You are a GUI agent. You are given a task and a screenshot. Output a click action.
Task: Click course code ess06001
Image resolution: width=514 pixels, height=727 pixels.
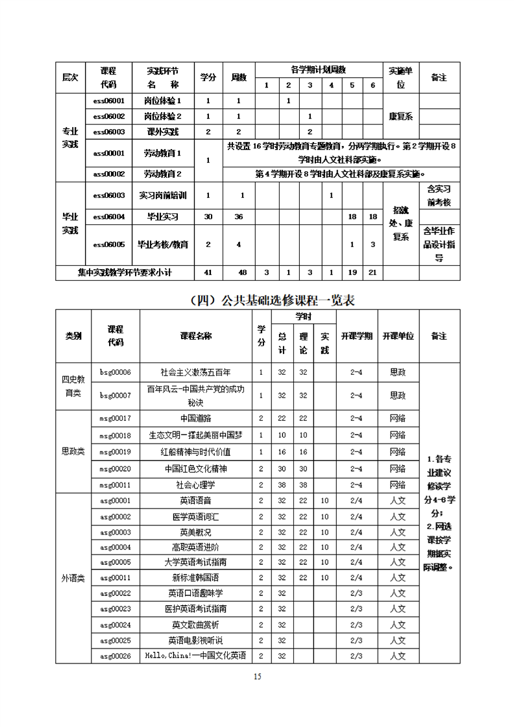pos(108,101)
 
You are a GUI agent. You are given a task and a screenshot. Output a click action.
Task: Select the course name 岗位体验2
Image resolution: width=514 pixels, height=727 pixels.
pos(162,116)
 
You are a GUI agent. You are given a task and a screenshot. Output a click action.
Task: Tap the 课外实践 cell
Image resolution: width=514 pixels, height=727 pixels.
pos(162,132)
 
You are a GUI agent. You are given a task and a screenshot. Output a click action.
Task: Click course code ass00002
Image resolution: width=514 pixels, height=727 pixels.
pos(108,174)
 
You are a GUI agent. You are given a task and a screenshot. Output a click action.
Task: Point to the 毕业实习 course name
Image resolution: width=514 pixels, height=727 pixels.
pos(162,217)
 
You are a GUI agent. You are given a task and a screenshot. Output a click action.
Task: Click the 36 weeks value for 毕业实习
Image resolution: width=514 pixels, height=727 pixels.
pos(238,217)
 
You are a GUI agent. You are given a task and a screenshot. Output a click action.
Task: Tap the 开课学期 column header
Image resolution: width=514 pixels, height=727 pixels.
pos(356,336)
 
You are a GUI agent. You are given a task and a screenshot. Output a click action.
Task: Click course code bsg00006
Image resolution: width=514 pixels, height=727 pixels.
pos(115,372)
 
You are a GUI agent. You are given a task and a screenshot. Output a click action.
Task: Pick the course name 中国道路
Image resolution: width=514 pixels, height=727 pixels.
pos(195,419)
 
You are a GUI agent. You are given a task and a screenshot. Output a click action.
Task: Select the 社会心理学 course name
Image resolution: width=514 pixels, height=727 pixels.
pos(195,484)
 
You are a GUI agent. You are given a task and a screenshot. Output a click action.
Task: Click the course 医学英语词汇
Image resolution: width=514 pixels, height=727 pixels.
pos(195,517)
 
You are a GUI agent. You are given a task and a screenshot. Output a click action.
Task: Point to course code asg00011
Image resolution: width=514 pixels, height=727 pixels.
pos(115,577)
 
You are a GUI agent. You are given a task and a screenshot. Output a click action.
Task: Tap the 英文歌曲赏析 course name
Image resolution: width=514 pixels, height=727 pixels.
pos(195,625)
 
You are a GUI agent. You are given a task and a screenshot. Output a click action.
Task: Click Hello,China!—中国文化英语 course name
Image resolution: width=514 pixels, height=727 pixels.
pos(195,656)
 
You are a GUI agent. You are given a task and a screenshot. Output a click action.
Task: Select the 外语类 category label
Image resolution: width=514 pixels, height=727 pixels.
pos(73,578)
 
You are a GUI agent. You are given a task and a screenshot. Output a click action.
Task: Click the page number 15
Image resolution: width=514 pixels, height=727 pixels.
pos(257,677)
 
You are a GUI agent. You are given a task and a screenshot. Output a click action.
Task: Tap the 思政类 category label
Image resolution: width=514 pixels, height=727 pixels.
pos(73,451)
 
